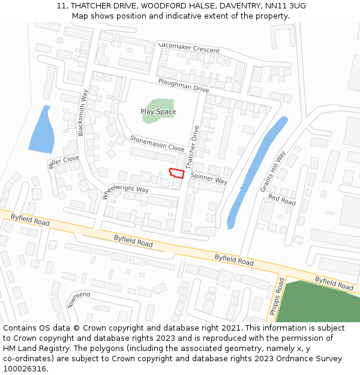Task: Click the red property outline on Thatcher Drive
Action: click(x=176, y=173)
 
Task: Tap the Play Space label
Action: click(x=158, y=112)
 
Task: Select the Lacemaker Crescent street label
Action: click(x=189, y=47)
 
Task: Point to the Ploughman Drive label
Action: click(x=184, y=85)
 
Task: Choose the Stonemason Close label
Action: click(x=157, y=143)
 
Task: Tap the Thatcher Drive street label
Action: click(x=192, y=146)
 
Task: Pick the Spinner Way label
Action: click(x=209, y=178)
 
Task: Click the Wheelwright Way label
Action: click(x=125, y=190)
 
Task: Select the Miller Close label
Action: click(x=64, y=161)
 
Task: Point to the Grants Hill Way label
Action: click(x=273, y=172)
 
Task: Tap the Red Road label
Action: click(x=282, y=200)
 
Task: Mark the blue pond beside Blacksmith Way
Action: click(x=41, y=129)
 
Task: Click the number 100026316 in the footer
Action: click(x=25, y=369)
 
